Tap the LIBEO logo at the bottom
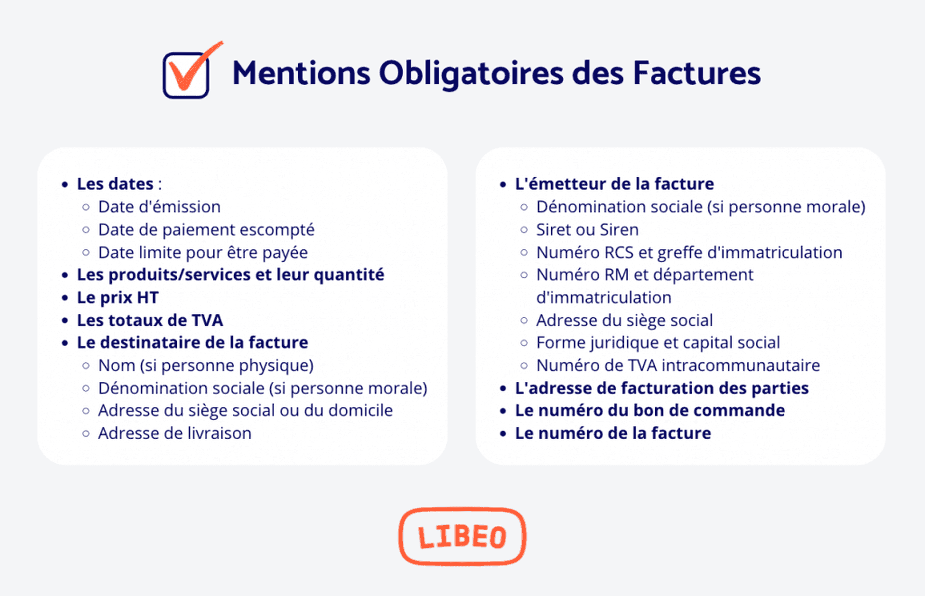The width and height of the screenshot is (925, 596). coord(462,536)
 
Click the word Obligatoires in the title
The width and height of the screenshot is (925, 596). coord(471,74)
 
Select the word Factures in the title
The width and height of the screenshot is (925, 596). coord(696,74)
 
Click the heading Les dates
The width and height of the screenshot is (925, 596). coord(115,184)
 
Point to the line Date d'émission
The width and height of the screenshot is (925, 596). coord(159,207)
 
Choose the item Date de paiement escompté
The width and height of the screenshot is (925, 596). coord(206,230)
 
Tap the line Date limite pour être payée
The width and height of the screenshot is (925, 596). coord(203,253)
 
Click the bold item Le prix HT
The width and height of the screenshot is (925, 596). coord(118,298)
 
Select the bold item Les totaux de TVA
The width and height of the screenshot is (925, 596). coord(150,320)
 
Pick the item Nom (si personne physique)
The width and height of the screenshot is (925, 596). coord(206,365)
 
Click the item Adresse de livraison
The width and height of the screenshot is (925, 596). coord(174,433)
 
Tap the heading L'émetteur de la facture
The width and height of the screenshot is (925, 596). coord(614,184)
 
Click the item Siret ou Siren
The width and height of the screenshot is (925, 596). coord(587,230)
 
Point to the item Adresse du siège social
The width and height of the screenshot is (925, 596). coord(624,320)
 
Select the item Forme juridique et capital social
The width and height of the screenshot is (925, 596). coord(658,343)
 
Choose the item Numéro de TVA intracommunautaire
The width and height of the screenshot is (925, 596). coord(678,365)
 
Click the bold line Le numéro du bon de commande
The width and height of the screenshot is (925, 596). coord(650,411)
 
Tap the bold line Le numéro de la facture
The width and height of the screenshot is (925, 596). coord(613,433)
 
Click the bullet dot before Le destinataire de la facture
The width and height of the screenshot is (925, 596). coord(65,343)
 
